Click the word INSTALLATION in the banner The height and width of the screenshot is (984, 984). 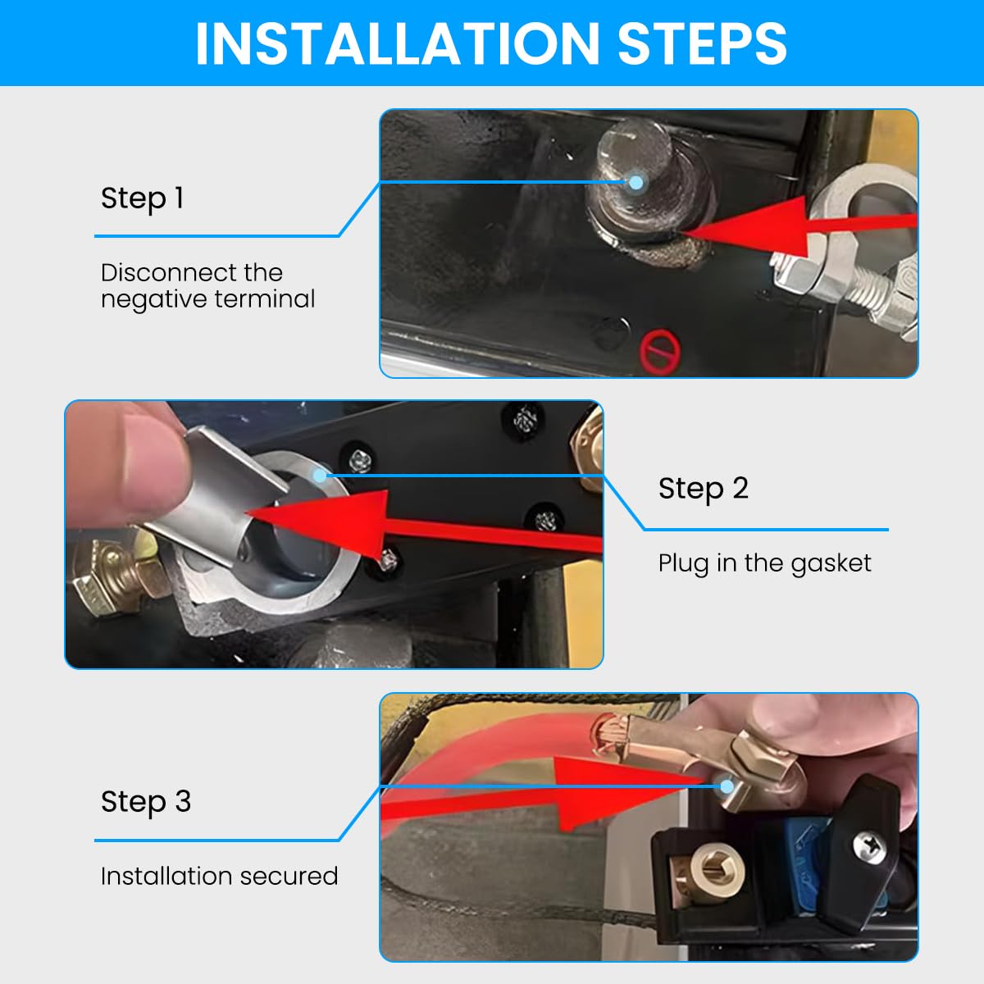pos(397,43)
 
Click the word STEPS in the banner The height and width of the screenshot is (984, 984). pos(702,43)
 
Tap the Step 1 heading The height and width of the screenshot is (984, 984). pos(142,198)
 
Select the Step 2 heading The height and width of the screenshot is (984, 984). pos(703,489)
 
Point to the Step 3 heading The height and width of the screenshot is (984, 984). pos(145,801)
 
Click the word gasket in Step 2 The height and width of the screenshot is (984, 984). pos(831,563)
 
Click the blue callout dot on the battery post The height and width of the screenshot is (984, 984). pos(635,182)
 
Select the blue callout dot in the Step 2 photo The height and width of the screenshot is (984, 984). pos(319,476)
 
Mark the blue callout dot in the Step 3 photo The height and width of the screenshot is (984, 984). pos(727,786)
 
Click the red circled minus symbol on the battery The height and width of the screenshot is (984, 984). pos(660,352)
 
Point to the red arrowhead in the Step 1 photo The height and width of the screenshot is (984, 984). pos(745,225)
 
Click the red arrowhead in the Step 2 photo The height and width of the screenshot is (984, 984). pos(316,521)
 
